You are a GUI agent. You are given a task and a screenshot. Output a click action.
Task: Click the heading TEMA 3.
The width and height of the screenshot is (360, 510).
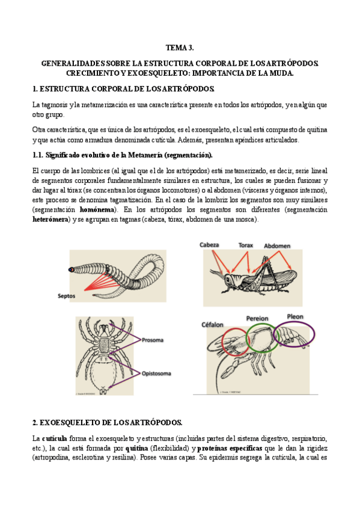coord(180,48)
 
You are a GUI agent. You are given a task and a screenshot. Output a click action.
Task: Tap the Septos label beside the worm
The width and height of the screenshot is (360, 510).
coord(66,296)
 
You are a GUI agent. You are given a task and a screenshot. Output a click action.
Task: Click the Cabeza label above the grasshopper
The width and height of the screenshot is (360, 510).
coord(209,245)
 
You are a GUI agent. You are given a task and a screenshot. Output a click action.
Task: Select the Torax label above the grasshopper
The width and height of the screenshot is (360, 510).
coord(245,245)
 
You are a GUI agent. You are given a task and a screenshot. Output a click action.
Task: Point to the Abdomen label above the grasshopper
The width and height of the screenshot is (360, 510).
coord(277,246)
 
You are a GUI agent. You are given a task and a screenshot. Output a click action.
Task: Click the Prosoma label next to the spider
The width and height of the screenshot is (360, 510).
coord(153,340)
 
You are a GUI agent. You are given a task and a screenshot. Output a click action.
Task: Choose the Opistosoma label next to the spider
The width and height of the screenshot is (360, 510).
coord(156,373)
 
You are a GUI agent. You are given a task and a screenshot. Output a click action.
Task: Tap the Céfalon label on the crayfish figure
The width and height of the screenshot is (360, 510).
coord(213,325)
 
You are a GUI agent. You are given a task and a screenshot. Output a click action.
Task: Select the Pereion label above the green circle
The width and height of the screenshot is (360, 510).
coord(257,318)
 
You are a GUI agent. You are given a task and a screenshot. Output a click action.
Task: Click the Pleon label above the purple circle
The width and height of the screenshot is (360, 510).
coord(295,316)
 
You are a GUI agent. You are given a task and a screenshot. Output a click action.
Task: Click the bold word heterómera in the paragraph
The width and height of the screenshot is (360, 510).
coord(50,220)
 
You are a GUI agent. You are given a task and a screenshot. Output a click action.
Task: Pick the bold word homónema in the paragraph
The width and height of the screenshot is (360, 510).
coord(97,210)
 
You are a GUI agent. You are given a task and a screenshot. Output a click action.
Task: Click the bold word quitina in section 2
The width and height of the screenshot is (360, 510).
coord(136,449)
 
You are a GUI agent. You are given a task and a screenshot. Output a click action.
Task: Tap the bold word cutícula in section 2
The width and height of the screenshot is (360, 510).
coord(54,439)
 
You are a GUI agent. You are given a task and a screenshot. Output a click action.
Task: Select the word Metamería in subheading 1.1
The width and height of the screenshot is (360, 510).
coord(145,155)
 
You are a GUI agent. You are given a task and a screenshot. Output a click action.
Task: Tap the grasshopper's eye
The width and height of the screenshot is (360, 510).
coord(227,279)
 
